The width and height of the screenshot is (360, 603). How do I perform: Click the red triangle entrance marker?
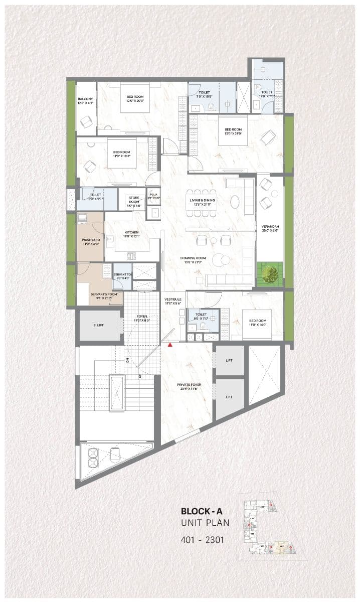170,345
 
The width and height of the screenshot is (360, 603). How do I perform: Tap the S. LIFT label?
98,326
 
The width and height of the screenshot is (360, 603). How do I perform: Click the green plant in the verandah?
271,274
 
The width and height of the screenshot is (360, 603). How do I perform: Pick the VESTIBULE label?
172,301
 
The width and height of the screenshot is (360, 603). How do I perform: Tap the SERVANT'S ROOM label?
103,294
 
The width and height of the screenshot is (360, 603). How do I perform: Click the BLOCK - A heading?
202,512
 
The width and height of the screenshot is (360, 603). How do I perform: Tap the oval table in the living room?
235,201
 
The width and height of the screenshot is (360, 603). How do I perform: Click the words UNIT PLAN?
205,523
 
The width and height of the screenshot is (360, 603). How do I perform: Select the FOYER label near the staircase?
142,317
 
